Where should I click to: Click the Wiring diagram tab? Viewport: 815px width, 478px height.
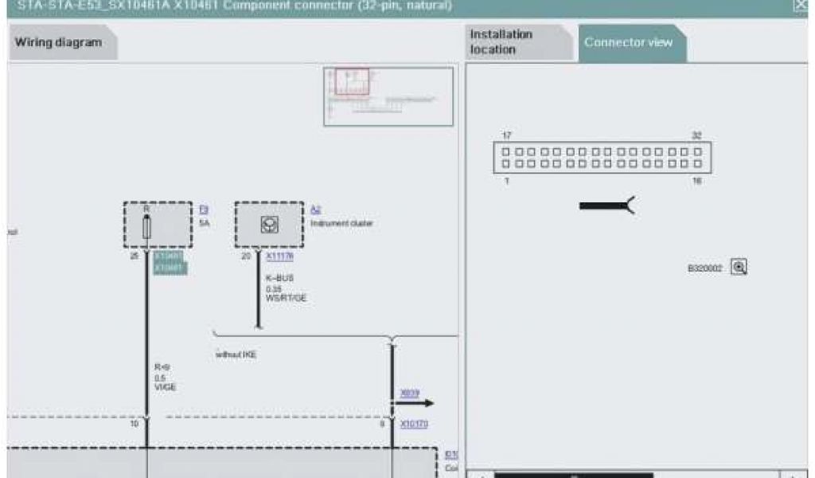pos(58,42)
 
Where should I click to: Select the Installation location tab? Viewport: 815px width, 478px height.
pos(501,42)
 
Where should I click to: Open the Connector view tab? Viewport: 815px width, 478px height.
pos(628,42)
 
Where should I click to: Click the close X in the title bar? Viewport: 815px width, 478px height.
pos(799,6)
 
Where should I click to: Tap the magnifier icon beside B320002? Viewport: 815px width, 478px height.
pos(739,268)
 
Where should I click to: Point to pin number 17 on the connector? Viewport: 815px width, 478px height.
pos(507,135)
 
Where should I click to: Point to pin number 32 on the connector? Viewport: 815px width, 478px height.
pos(696,135)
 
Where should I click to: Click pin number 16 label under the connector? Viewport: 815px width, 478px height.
pos(697,182)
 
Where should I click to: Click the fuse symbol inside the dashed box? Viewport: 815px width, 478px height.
pos(146,227)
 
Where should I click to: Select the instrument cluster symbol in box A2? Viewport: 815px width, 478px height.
pos(268,225)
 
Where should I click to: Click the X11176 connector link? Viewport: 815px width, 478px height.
pos(279,257)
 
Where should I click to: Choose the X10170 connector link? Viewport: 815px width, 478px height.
pos(414,424)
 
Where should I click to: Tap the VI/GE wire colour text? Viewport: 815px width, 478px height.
pos(166,386)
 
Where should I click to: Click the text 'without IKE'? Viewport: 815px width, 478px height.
pos(236,354)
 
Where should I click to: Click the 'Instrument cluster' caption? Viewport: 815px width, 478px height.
pos(341,224)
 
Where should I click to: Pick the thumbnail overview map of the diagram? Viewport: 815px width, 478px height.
pos(388,96)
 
